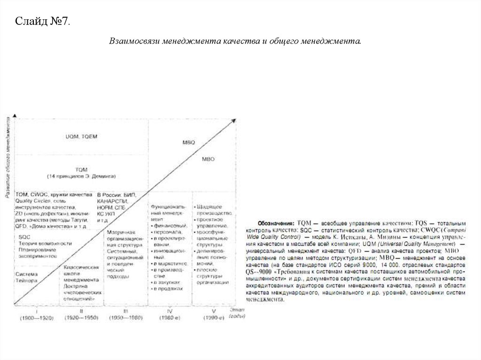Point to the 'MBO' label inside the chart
point(208,159)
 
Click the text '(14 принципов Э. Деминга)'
point(81,176)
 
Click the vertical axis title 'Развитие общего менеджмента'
point(8,158)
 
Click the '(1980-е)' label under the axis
point(170,318)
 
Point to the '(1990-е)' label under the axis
point(214,318)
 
